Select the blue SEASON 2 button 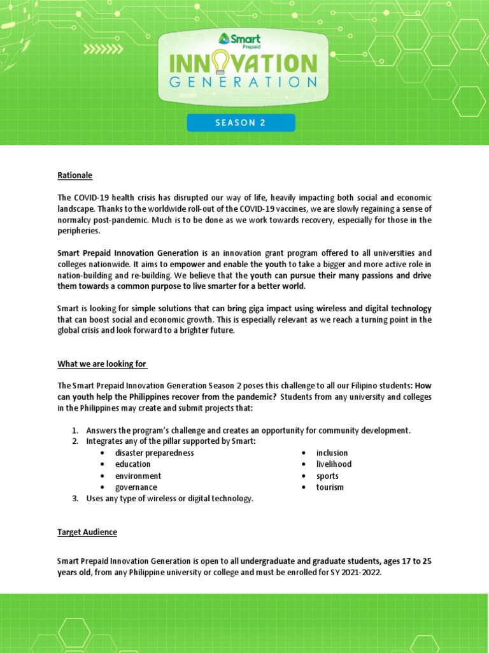[241, 123]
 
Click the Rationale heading [75, 175]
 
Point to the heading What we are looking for [102, 364]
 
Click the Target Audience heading [87, 532]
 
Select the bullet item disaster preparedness [155, 453]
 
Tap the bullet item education [133, 464]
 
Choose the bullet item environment [138, 476]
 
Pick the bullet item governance [136, 487]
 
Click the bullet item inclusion [332, 453]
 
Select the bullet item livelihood [334, 464]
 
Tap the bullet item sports [327, 476]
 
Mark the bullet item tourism [330, 487]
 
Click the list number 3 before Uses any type [74, 499]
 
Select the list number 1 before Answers [74, 430]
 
